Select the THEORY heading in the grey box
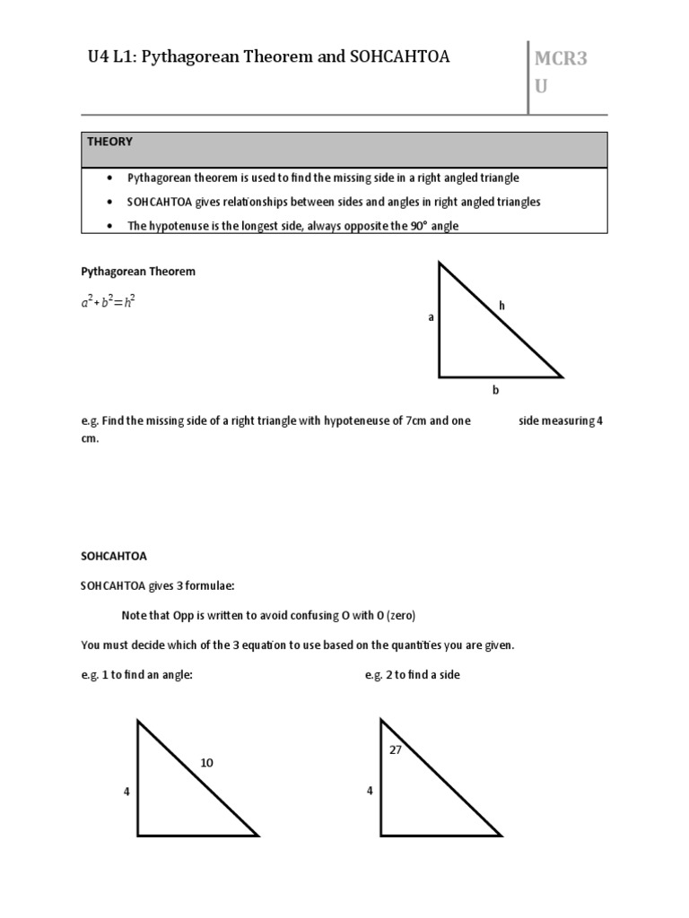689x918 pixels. [109, 142]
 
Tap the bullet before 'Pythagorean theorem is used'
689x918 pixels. [109, 178]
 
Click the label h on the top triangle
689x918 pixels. [502, 306]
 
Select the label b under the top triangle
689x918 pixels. [494, 391]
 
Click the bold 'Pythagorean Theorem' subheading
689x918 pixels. [138, 271]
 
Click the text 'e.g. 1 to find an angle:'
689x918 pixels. [137, 674]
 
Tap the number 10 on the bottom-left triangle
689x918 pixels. [207, 763]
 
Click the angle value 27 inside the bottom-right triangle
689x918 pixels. [396, 749]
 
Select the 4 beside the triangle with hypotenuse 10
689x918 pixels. [126, 792]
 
